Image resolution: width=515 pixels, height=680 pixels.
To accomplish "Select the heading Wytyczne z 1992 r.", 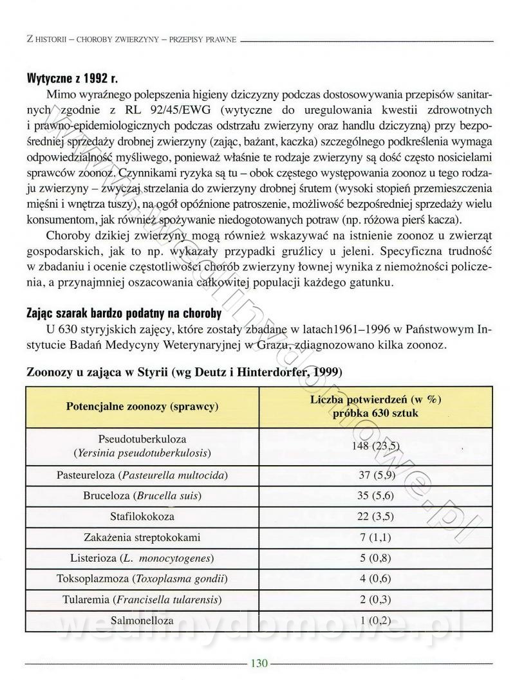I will tap(71, 79).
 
